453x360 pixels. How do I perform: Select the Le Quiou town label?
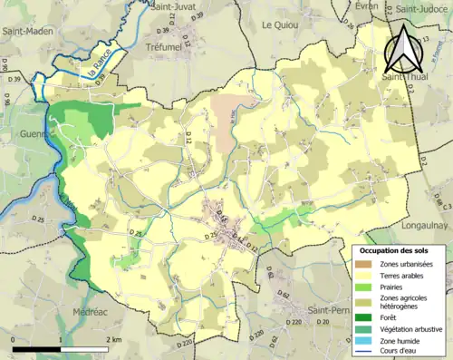point(279,25)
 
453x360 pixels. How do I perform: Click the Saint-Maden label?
point(26,31)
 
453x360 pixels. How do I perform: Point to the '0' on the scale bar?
point(14,339)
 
